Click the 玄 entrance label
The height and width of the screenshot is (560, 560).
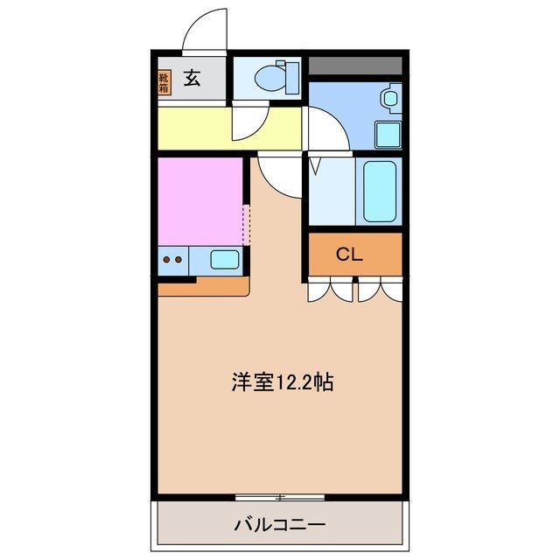click(x=192, y=79)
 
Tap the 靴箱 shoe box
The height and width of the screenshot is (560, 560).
click(x=164, y=83)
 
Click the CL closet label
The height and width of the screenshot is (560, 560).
click(x=350, y=255)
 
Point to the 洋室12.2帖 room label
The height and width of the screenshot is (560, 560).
click(x=282, y=382)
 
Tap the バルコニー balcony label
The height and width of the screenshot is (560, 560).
click(x=279, y=526)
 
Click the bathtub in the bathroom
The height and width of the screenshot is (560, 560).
click(x=379, y=192)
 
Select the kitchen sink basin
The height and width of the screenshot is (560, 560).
click(x=225, y=259)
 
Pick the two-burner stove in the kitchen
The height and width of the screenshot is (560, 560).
click(x=172, y=259)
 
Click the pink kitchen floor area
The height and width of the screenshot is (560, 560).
click(x=199, y=200)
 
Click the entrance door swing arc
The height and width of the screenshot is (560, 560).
click(x=203, y=31)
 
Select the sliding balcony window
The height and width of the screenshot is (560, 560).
click(x=280, y=497)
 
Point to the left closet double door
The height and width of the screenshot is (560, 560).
click(x=330, y=290)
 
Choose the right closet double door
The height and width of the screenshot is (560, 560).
click(x=380, y=290)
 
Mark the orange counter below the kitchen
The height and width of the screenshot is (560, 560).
click(x=204, y=285)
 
